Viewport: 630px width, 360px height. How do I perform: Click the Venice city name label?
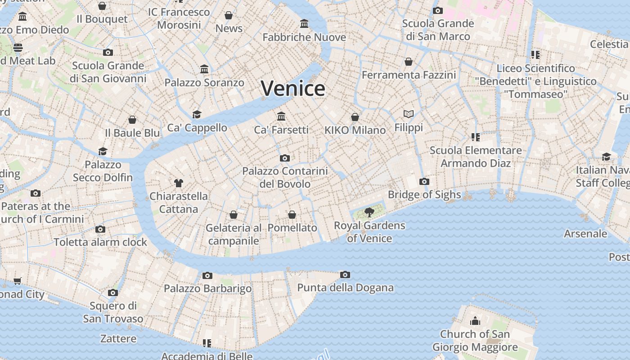coord(292,88)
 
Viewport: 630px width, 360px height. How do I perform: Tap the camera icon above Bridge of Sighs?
coord(424,182)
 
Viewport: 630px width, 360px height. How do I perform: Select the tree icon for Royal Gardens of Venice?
coord(369,212)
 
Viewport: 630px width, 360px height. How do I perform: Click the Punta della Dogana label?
coord(345,288)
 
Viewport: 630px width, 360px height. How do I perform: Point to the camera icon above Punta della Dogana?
coord(345,274)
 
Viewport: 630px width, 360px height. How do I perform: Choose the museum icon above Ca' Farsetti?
coord(281,117)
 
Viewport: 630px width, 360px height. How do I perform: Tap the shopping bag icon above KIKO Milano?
coord(355,117)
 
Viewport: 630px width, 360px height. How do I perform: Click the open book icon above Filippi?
coord(409,114)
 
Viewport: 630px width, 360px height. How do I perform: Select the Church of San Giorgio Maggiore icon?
coord(475,321)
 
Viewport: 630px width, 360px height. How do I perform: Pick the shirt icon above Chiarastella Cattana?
coord(179,183)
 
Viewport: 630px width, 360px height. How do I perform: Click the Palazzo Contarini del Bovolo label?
coord(285,177)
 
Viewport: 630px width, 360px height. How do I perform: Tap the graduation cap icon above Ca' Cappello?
coord(197,114)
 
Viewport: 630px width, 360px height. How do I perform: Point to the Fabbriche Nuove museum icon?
coord(304,23)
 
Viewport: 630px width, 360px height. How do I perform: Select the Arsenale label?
coord(585,234)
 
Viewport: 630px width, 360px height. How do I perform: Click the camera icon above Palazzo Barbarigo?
coord(207,275)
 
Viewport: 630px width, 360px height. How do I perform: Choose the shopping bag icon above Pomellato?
coord(292,215)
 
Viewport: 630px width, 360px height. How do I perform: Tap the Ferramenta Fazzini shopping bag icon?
coord(409,62)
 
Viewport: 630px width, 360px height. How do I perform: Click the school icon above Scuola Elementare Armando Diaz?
coord(475,137)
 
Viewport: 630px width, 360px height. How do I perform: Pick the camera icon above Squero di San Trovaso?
coord(113,293)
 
